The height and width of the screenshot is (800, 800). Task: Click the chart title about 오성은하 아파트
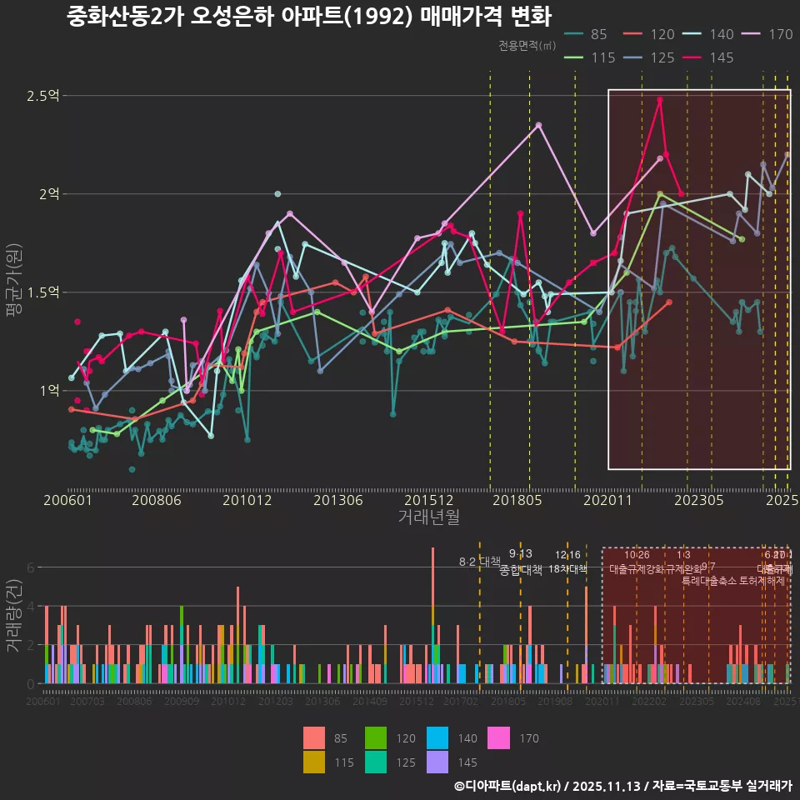coord(309,17)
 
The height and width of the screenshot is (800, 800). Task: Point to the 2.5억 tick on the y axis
coord(42,96)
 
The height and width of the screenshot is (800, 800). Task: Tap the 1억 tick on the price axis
coord(48,391)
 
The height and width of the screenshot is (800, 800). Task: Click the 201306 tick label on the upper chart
coord(337,501)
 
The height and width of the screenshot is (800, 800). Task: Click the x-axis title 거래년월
coord(428,517)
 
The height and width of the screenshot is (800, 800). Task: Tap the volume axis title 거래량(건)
coord(14,617)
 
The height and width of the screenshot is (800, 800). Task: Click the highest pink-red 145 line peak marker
coord(660,100)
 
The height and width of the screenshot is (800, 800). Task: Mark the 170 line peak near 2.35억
coord(539,125)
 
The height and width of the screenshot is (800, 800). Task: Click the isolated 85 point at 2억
coord(277,194)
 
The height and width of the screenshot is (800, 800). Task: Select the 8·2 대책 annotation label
coord(479,561)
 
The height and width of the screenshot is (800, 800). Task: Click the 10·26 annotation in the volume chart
coord(637,555)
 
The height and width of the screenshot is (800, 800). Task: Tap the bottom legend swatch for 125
coord(377,762)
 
